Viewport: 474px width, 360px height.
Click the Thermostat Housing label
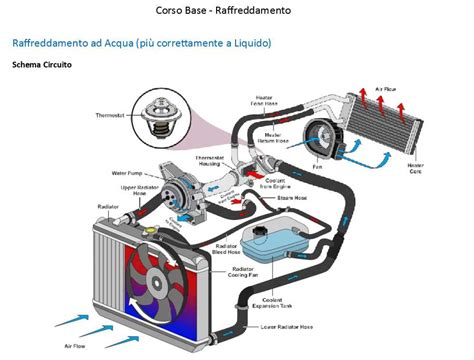(208, 163)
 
